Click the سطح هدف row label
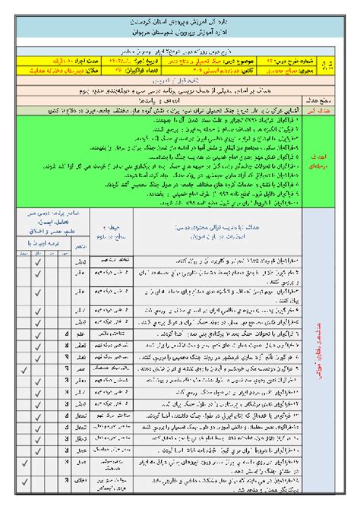coord(334,99)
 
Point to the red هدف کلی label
coord(334,109)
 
